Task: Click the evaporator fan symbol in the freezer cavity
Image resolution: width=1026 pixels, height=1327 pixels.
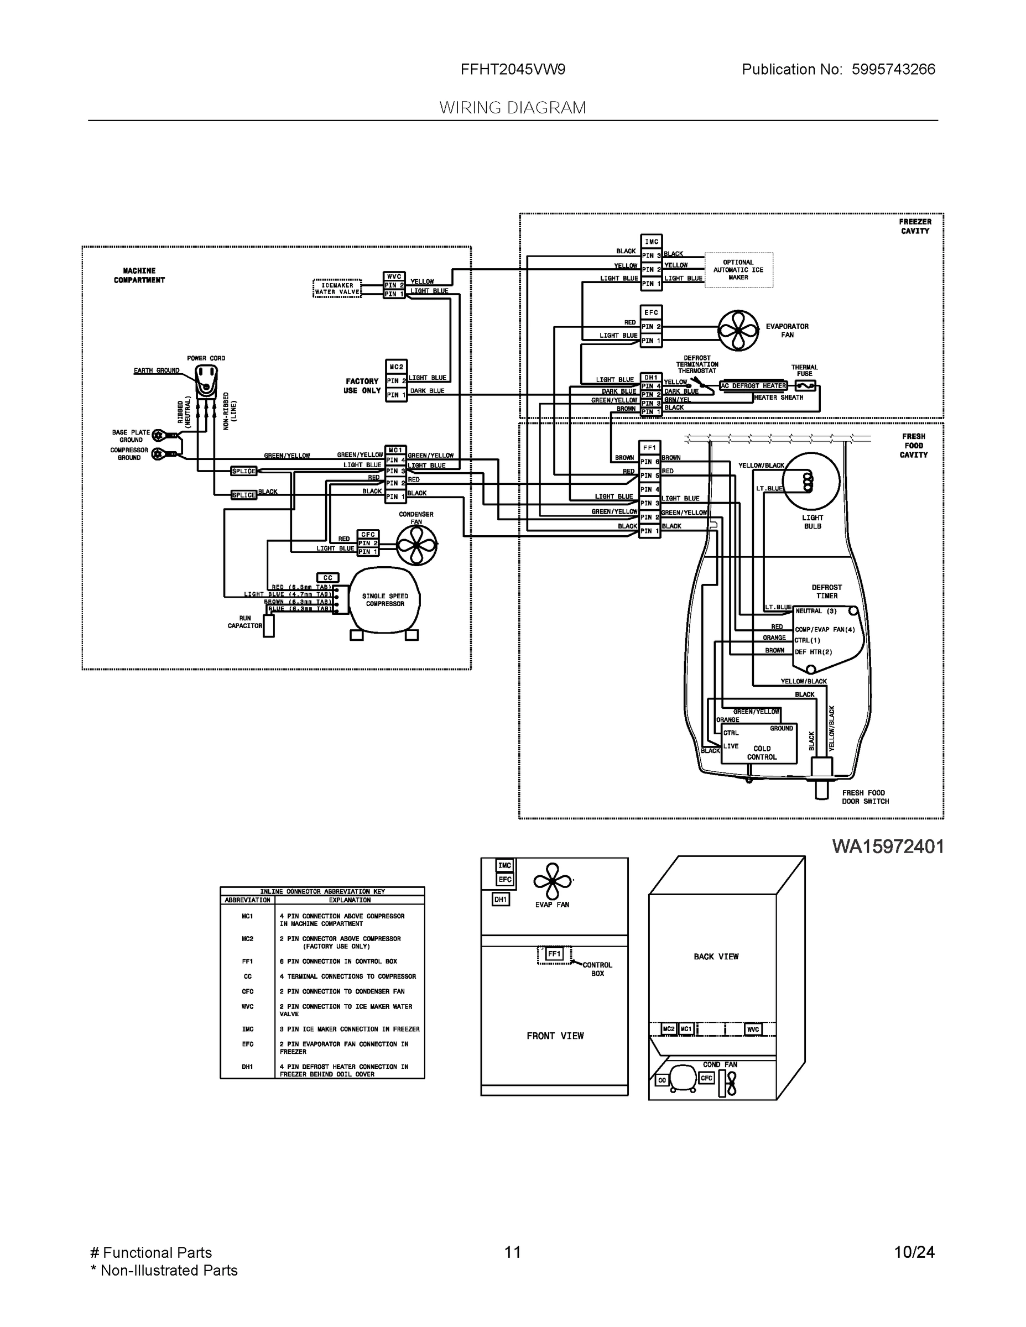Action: click(x=738, y=331)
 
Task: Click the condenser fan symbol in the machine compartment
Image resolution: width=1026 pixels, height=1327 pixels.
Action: click(x=416, y=545)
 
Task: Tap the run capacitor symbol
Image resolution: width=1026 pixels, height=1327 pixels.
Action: click(x=269, y=626)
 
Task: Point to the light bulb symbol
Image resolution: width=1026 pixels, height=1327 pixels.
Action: click(x=811, y=480)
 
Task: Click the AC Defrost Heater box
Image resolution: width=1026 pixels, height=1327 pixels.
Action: click(x=753, y=386)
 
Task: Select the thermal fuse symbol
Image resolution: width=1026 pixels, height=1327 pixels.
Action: click(x=805, y=386)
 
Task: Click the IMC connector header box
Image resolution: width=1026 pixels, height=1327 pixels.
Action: click(x=651, y=241)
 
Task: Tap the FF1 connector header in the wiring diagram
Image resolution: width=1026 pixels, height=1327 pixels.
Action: click(x=649, y=448)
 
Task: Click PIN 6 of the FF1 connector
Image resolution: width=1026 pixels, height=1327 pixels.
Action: click(x=649, y=462)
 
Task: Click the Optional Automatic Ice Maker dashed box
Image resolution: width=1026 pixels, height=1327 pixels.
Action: click(x=738, y=270)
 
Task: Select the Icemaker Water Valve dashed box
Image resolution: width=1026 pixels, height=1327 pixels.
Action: click(x=337, y=289)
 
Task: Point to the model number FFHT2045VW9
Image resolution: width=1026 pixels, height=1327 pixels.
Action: click(x=512, y=70)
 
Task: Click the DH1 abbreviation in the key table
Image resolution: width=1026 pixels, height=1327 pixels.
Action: click(x=247, y=1067)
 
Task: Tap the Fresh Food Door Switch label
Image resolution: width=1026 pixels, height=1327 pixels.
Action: click(x=865, y=797)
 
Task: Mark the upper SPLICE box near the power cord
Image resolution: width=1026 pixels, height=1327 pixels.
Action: click(x=244, y=471)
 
